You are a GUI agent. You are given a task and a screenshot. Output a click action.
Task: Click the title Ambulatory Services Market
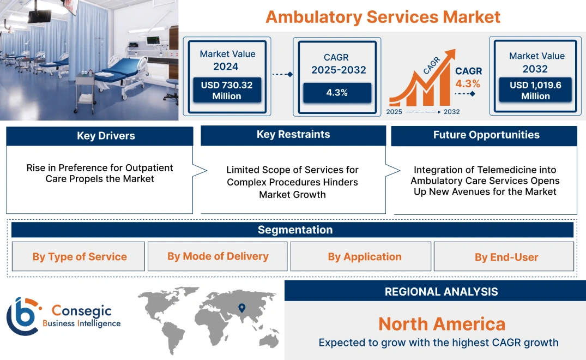383,16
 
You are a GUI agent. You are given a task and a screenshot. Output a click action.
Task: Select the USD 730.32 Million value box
226,90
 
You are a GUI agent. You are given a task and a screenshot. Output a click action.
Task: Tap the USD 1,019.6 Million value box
535,91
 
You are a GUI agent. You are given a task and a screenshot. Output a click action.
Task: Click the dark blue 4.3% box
337,93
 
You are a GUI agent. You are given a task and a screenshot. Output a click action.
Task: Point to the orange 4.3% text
468,83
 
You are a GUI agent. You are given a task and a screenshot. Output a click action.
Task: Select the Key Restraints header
293,135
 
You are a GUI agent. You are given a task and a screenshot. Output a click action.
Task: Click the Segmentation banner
295,230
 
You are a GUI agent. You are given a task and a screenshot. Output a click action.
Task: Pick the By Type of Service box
79,256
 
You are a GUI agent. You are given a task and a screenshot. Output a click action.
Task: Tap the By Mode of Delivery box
218,256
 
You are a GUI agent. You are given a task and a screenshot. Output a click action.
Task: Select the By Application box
365,256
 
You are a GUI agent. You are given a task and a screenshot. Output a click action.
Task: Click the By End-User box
506,257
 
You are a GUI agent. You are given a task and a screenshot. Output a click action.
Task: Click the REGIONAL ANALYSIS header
441,292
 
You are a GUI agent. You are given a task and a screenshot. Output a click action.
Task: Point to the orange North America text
442,324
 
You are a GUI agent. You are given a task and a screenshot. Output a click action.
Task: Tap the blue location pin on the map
241,309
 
